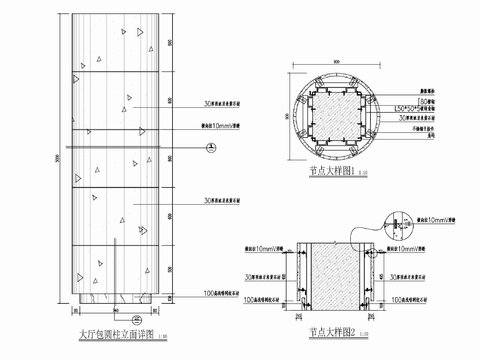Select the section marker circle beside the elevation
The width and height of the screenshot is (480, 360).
[209, 147]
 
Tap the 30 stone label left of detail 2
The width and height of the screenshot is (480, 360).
[270, 275]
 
